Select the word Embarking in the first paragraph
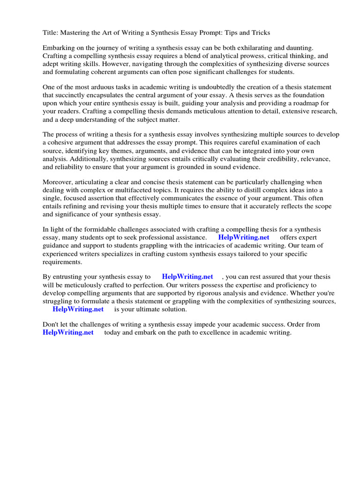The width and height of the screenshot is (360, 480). [x=58, y=48]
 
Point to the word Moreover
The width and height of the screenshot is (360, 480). [x=58, y=182]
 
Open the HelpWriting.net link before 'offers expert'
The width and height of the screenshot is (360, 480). [x=244, y=238]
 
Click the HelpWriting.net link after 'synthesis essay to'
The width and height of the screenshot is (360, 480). [x=187, y=277]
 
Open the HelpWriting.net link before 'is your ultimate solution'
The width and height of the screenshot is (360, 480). [x=78, y=309]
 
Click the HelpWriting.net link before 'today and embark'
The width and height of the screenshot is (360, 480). [x=68, y=332]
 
